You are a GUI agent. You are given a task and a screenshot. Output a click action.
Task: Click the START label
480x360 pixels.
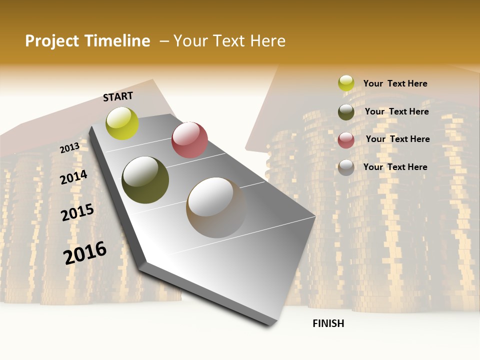click(x=118, y=96)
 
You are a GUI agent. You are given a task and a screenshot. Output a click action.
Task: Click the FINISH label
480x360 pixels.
click(x=328, y=323)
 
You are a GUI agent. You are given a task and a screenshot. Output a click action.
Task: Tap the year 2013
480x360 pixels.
click(x=70, y=147)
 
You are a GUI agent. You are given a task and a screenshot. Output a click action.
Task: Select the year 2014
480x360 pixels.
click(x=73, y=177)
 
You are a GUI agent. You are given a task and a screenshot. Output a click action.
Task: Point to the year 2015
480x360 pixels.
click(x=77, y=212)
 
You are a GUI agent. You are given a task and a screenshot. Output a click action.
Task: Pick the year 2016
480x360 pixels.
click(x=85, y=252)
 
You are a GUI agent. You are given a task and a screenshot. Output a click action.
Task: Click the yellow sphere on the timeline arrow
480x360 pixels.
click(x=122, y=123)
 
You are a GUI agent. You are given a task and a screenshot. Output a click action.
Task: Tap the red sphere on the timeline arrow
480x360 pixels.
click(x=189, y=140)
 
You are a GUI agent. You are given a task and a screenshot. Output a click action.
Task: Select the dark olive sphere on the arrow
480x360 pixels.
click(x=145, y=180)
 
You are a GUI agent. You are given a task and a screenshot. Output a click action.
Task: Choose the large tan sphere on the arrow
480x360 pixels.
click(x=216, y=207)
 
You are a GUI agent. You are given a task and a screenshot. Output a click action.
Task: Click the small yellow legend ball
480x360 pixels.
click(x=346, y=83)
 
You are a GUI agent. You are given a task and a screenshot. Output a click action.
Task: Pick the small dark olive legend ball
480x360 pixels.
click(x=346, y=112)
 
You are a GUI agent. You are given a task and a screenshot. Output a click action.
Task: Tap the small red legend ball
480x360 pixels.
click(x=346, y=140)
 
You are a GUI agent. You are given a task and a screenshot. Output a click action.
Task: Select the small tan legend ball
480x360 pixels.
click(x=346, y=167)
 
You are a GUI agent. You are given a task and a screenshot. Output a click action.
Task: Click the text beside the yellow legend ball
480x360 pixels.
click(x=395, y=84)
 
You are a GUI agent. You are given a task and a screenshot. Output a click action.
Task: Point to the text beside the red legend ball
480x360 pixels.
click(x=397, y=139)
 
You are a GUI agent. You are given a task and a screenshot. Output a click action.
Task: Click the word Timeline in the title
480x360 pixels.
click(x=117, y=41)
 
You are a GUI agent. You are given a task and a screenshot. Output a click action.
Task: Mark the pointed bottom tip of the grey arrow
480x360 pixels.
click(x=270, y=324)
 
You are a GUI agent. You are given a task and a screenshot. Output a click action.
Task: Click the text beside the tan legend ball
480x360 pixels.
click(x=395, y=167)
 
